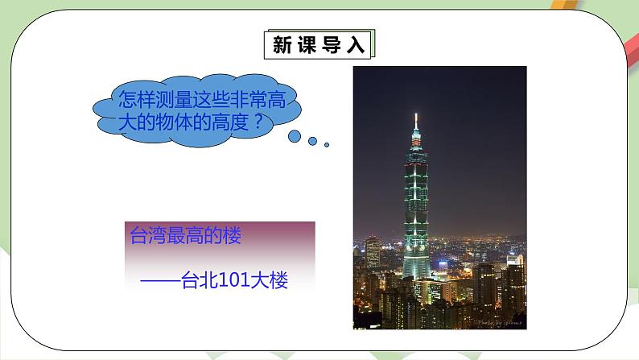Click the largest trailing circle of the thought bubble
tap(295, 135)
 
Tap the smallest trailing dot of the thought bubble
tap(327, 145)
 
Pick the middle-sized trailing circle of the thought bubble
tap(313, 141)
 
